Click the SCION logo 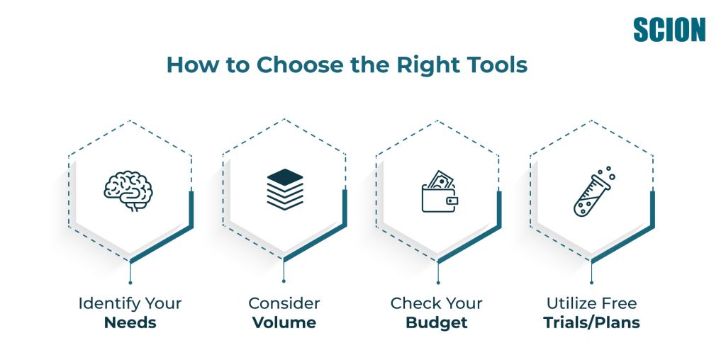[669, 30]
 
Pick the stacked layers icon [285, 189]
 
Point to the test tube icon [594, 191]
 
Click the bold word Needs [130, 322]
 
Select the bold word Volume [284, 322]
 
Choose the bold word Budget [437, 323]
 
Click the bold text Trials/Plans [592, 322]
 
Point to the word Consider [284, 303]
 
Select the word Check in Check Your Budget [414, 303]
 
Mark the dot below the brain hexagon [130, 282]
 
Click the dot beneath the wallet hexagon [438, 282]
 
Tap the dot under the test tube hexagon [591, 282]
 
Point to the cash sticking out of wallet [440, 179]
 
